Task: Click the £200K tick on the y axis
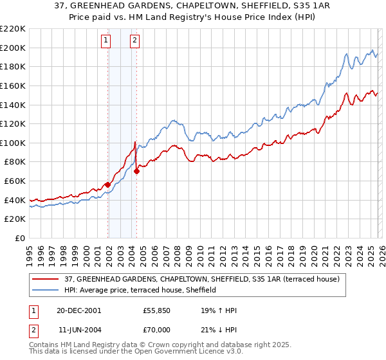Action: point(14,48)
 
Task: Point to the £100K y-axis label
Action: point(14,143)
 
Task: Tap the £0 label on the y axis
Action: point(20,239)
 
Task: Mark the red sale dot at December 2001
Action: point(107,185)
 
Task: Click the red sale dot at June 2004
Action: point(136,172)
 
